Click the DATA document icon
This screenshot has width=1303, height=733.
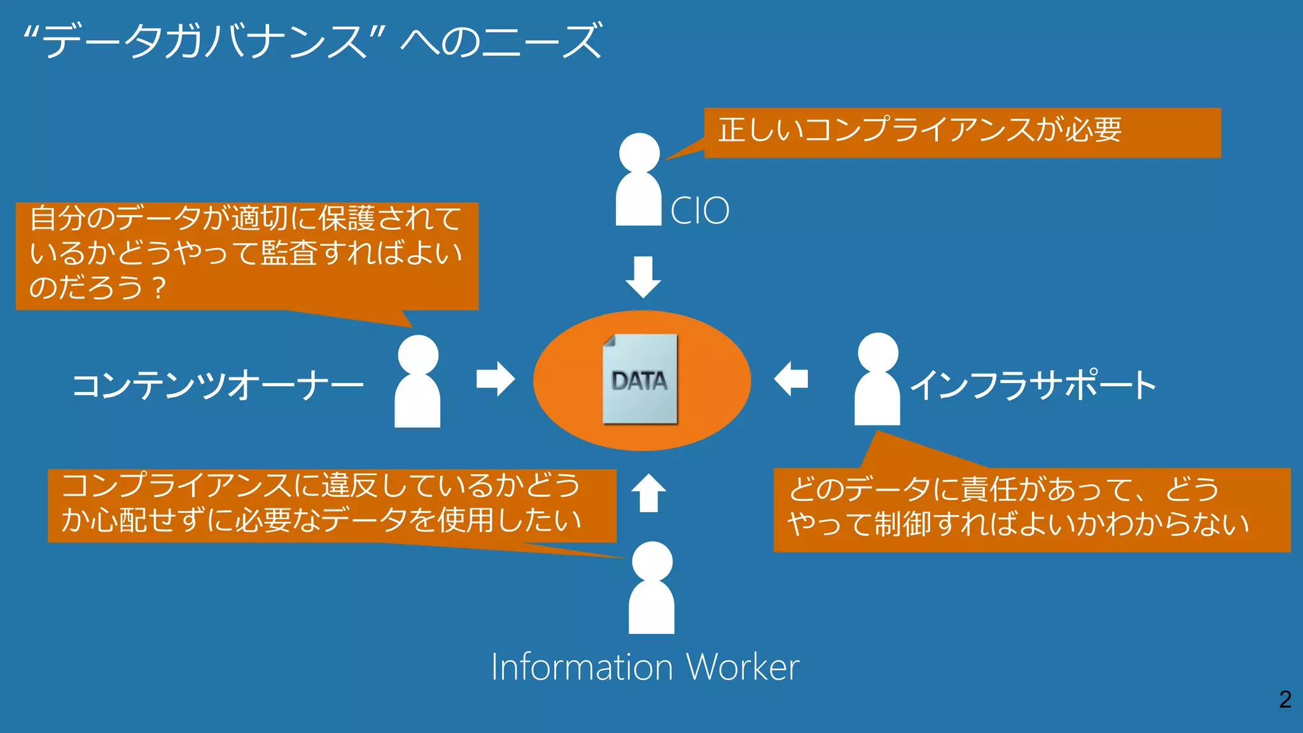(640, 379)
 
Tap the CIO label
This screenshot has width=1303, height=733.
(700, 211)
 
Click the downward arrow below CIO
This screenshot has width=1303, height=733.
(643, 277)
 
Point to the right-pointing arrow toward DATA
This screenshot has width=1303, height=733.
(496, 379)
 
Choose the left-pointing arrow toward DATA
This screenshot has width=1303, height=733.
(791, 379)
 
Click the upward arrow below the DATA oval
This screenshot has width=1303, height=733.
(648, 493)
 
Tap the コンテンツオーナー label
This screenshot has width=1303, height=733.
(218, 386)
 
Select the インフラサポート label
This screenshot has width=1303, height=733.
(1033, 386)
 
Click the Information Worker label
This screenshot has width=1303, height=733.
(645, 667)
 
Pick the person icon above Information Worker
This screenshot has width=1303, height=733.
(651, 588)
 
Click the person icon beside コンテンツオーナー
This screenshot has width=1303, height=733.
(417, 382)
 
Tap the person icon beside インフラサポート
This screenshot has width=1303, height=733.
(877, 379)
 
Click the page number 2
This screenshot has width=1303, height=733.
(1285, 699)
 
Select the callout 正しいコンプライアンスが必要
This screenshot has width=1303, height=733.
(962, 132)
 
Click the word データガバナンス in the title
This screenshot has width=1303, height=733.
(204, 41)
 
